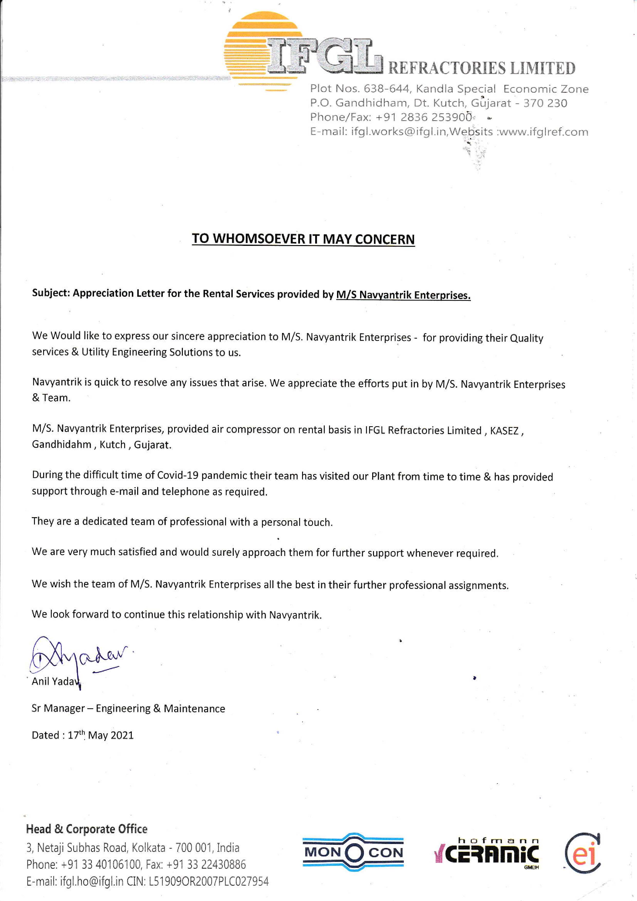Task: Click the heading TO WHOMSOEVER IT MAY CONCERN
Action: pos(303,239)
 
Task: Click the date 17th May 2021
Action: pos(100,735)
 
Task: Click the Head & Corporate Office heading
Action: pos(87,829)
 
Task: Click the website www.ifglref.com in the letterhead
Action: pos(544,132)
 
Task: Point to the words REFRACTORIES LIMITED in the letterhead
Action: pos(482,68)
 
